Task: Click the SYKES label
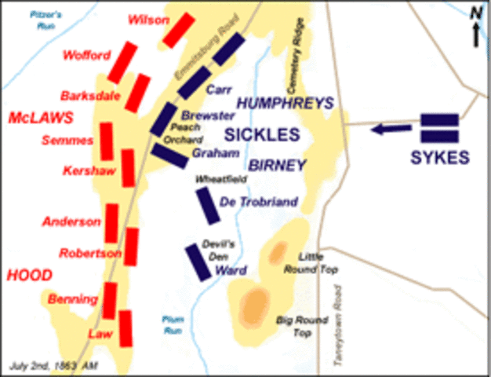click(438, 157)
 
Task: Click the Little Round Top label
click(318, 263)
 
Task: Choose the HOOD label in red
click(30, 275)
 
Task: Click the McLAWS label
click(40, 118)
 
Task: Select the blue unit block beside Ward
click(195, 262)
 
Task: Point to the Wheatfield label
click(222, 179)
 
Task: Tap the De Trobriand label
click(260, 203)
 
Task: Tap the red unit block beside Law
click(125, 328)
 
